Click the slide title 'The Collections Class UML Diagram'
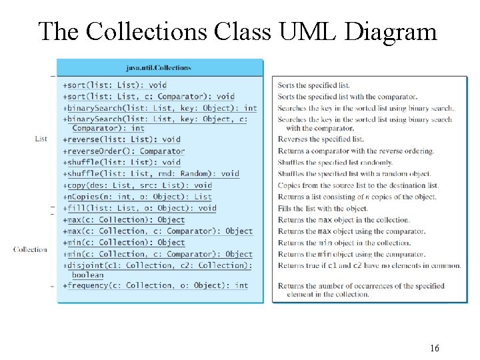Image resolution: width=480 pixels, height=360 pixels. point(237,31)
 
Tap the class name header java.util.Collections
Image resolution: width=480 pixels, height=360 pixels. point(159,67)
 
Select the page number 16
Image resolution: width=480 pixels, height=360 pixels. point(435,348)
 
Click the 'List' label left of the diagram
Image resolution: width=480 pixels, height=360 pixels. point(41,139)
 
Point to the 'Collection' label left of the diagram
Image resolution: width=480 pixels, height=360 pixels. point(30,249)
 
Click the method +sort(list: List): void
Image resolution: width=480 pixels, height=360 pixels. point(115,85)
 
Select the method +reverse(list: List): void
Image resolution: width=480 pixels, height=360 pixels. point(121,140)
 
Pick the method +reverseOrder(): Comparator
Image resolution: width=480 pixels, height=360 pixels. point(123,151)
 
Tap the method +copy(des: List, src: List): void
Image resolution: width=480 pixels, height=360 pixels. point(137,185)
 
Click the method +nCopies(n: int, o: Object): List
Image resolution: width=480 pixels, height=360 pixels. point(137,197)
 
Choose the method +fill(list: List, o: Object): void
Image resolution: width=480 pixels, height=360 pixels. point(139,208)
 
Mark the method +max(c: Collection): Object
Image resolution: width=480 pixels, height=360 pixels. point(123,220)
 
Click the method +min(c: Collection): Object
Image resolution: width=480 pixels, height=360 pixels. point(123,243)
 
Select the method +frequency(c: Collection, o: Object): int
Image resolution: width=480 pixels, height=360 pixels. point(155,285)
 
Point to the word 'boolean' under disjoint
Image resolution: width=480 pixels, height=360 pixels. point(88,275)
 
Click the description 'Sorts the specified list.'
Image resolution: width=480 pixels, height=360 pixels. point(314,85)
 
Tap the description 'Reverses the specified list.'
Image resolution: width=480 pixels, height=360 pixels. point(321,139)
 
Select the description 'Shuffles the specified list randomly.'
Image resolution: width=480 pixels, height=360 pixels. point(335,162)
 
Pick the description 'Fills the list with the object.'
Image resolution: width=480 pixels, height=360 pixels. point(323,209)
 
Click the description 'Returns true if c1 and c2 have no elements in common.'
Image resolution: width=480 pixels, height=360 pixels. point(369,265)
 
